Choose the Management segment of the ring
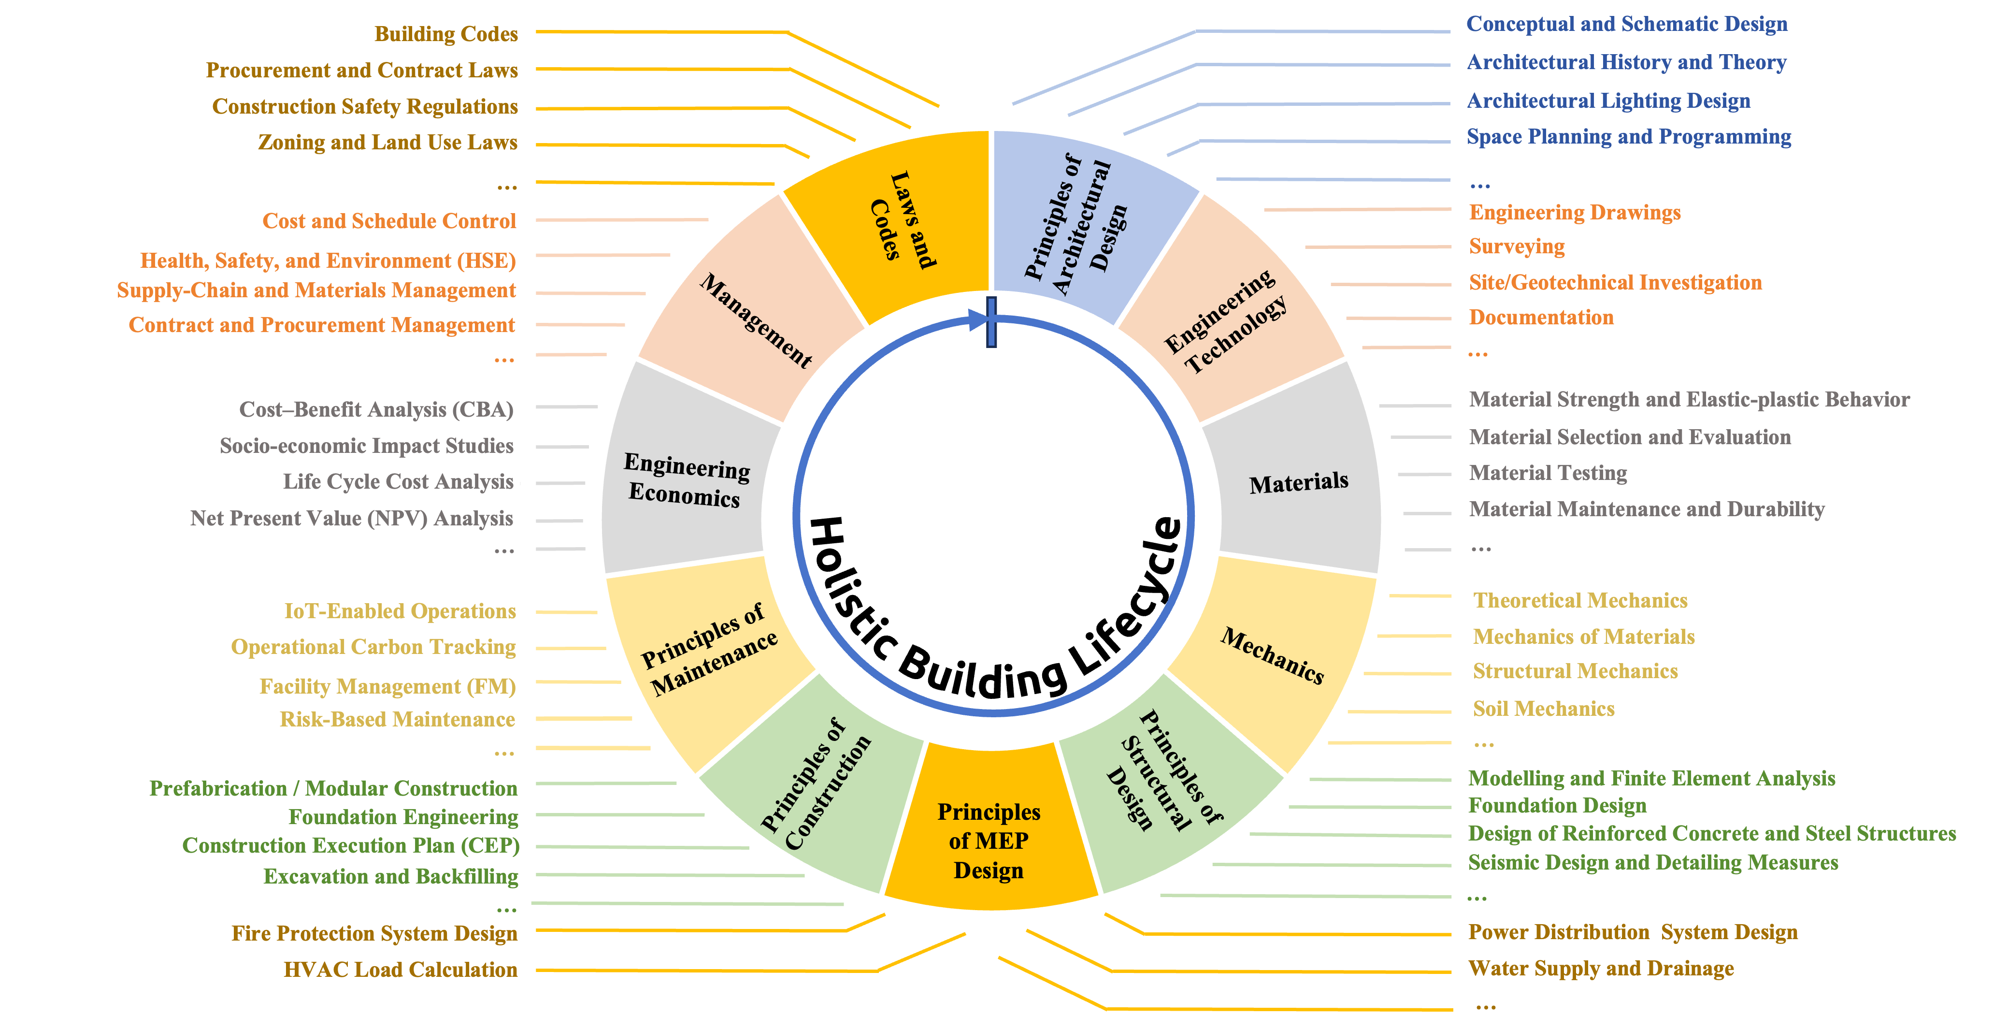coord(754,319)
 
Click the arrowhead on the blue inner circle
coord(977,319)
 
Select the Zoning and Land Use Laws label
coord(387,143)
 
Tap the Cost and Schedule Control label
coord(388,221)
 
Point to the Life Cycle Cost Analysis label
coord(398,481)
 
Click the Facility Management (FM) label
coord(387,686)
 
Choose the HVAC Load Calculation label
coord(400,970)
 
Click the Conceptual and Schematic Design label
coord(1626,24)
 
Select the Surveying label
coord(1517,247)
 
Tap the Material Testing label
coord(1548,473)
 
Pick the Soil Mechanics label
coord(1544,709)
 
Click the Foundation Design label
coord(1557,806)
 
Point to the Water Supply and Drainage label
coord(1600,969)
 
